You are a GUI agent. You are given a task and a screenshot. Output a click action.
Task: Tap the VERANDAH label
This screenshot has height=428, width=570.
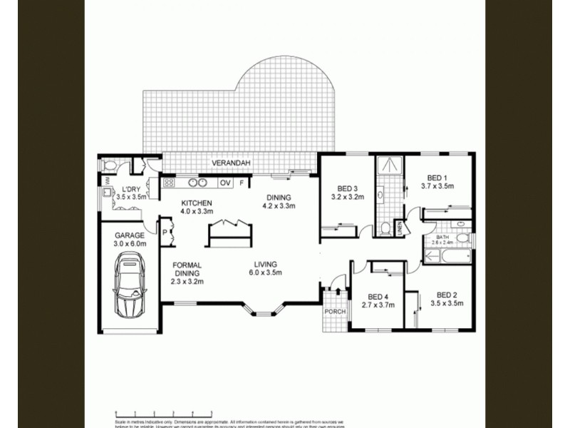click(228, 164)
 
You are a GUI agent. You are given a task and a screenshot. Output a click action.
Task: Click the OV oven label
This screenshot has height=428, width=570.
click(225, 183)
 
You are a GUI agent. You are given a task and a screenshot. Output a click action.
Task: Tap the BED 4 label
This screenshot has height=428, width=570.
click(378, 297)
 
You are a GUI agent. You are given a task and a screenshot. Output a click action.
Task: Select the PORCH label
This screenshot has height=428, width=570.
click(334, 312)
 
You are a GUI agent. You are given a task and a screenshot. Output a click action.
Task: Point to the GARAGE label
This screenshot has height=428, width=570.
click(130, 235)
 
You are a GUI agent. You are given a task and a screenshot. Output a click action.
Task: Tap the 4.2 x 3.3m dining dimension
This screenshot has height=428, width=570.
click(279, 207)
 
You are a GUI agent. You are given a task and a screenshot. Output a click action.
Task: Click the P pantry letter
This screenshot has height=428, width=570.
click(164, 233)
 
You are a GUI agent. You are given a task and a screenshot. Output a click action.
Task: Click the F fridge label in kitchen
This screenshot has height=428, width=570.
click(242, 183)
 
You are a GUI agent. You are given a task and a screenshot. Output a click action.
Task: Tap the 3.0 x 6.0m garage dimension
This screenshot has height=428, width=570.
click(130, 243)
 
